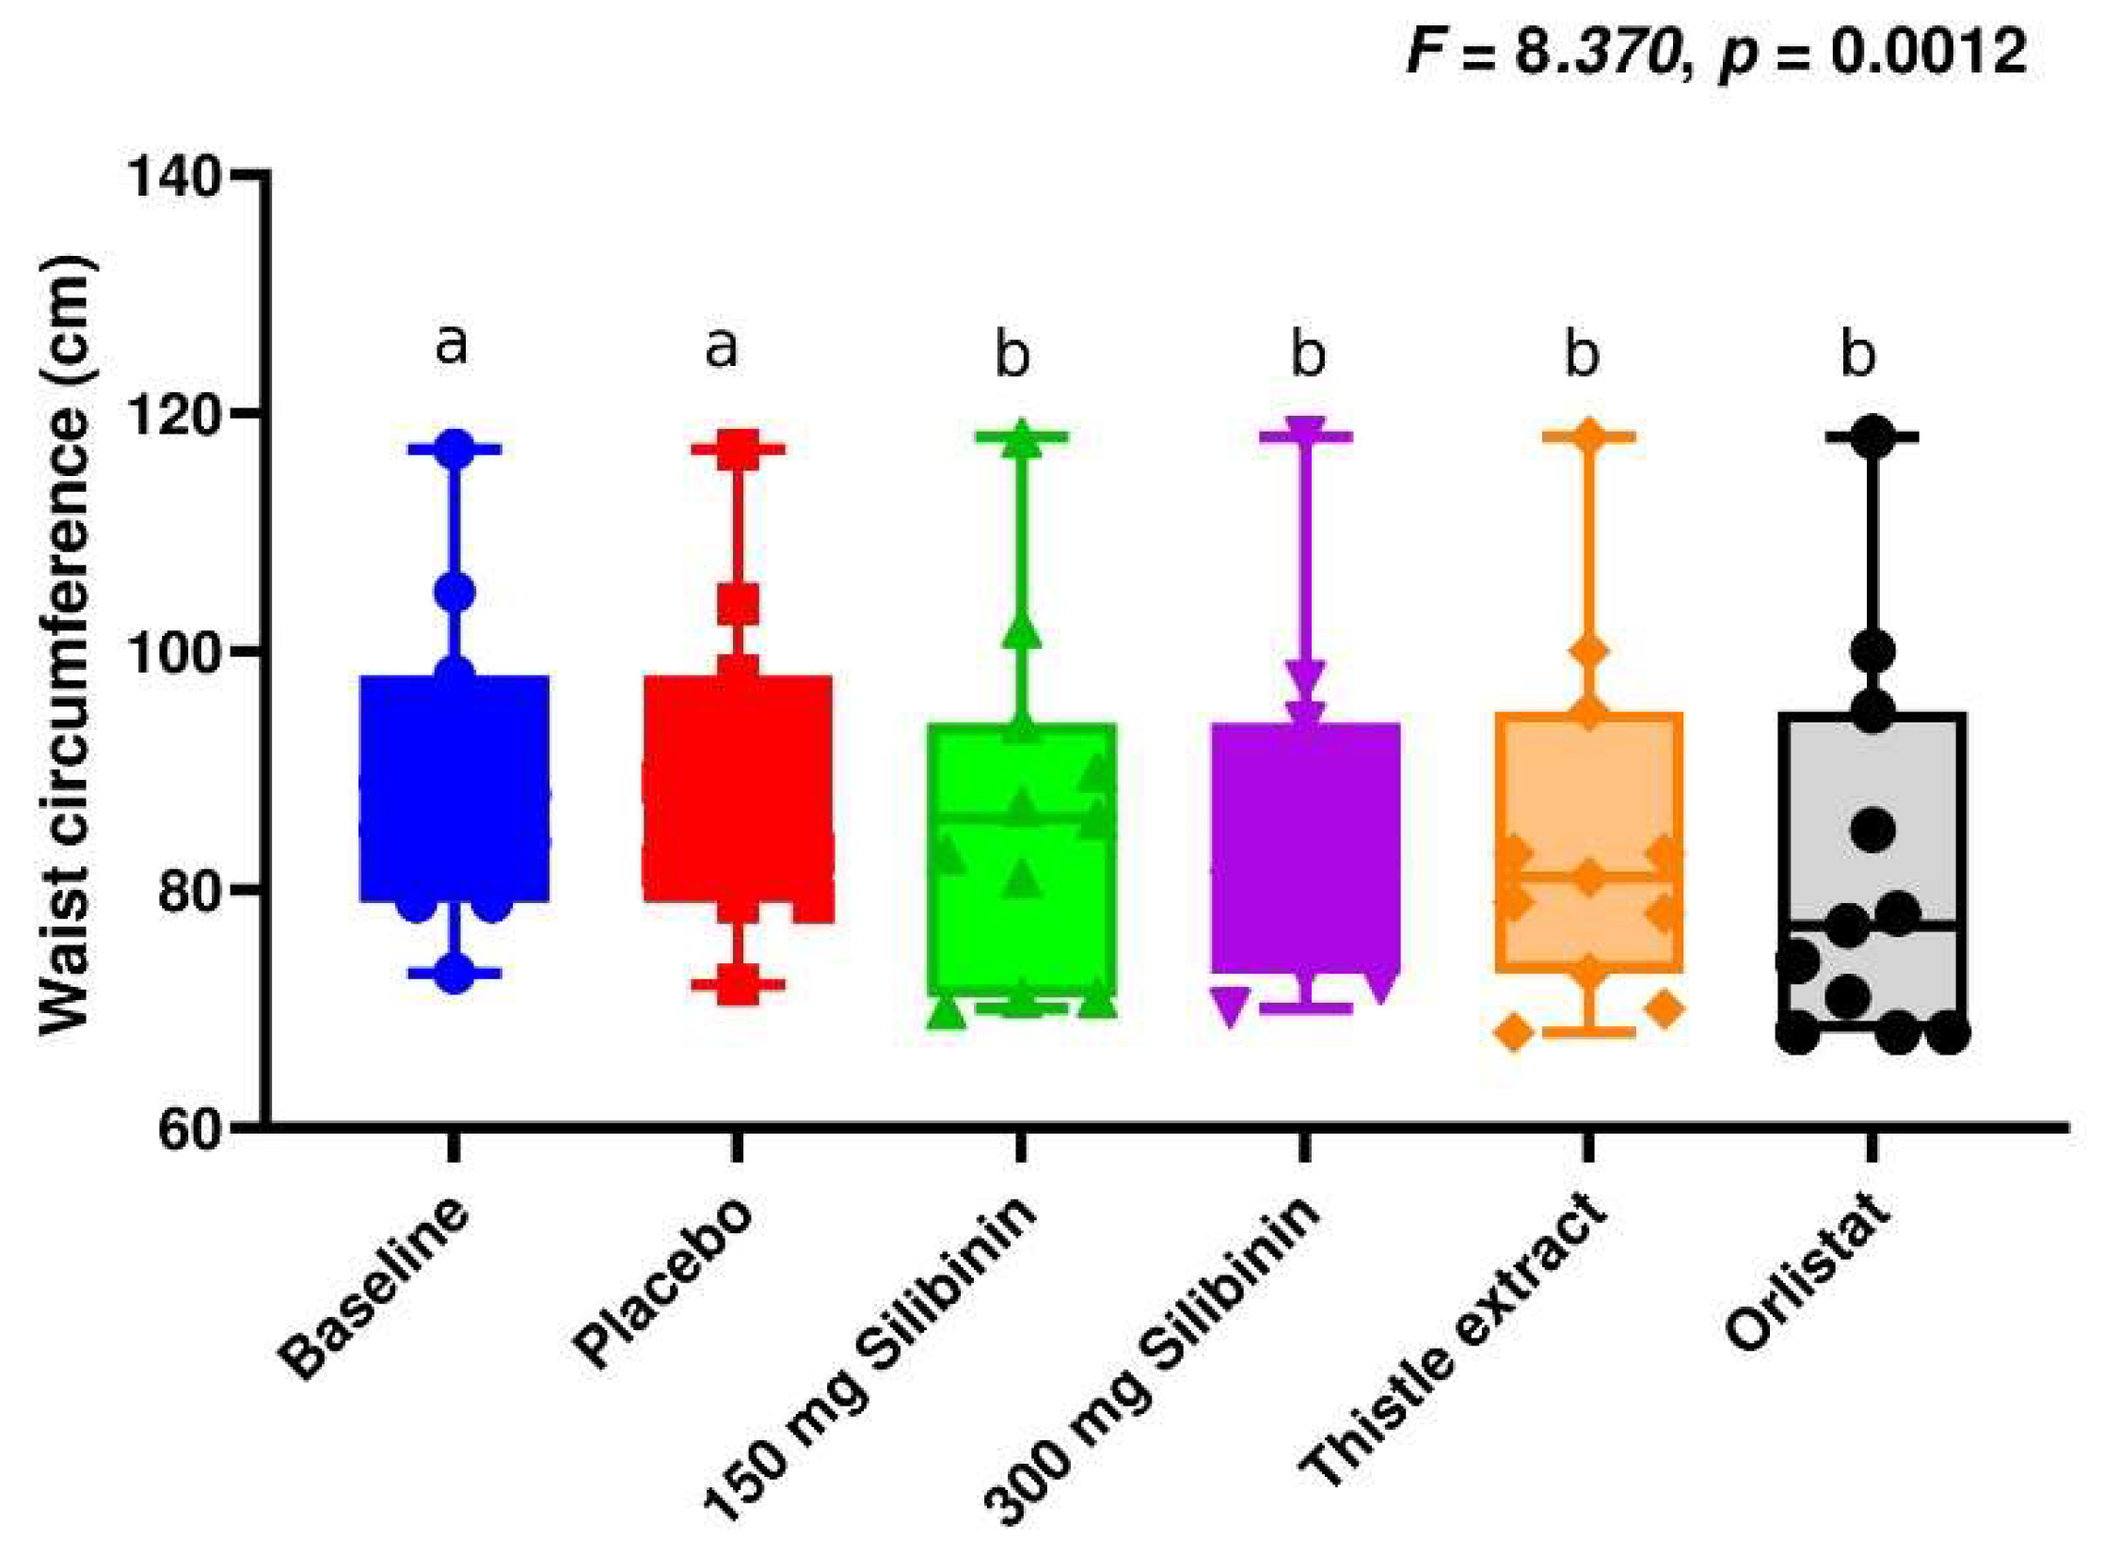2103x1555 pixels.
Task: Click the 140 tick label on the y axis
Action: pos(176,175)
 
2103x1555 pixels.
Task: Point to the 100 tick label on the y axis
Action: pos(176,650)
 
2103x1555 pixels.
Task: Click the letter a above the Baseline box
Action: pos(452,345)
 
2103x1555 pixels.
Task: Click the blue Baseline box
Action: pos(454,789)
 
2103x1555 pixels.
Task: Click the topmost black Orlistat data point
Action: pos(1872,436)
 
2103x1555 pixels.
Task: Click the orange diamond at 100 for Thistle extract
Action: pos(1589,650)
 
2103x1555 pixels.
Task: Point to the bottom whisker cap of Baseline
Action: pos(454,974)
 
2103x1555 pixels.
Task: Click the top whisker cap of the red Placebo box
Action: pos(738,449)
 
